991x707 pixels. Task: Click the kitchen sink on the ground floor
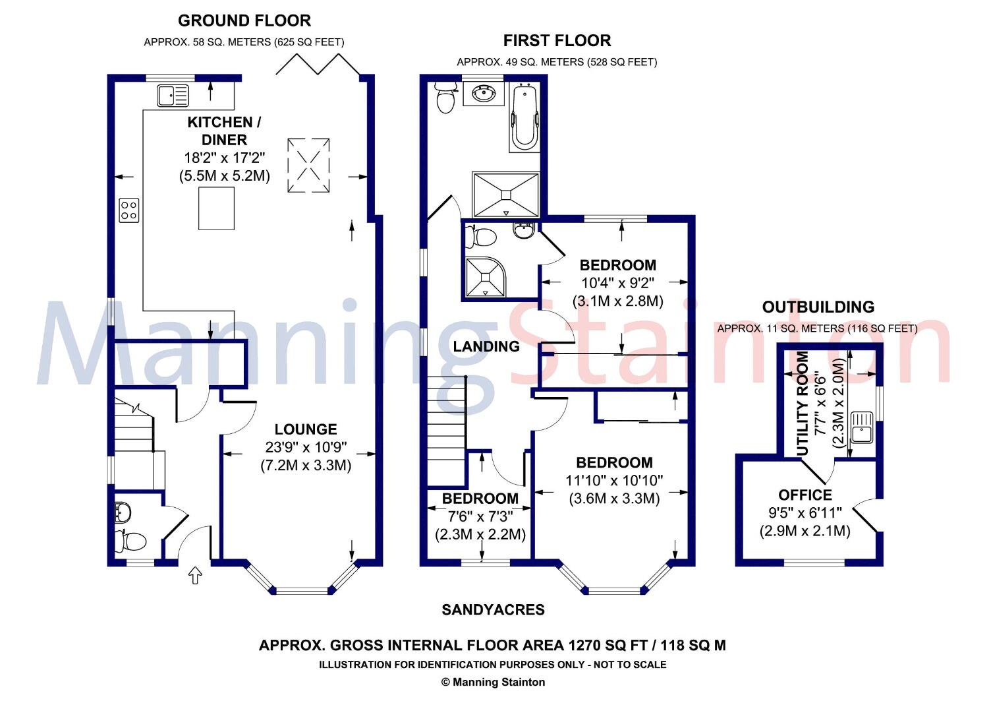(x=173, y=96)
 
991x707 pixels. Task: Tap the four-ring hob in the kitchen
(x=128, y=210)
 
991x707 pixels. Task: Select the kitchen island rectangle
(x=216, y=208)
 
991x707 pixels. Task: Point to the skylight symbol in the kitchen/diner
(x=308, y=165)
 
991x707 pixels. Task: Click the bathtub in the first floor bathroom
(x=524, y=117)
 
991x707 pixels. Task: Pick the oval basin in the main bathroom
(x=484, y=94)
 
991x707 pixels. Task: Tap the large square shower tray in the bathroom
(x=506, y=195)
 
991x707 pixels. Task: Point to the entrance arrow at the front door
(x=195, y=576)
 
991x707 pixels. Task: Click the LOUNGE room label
(x=306, y=429)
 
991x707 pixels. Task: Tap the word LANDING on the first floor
(x=486, y=347)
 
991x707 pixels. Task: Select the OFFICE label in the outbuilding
(x=805, y=495)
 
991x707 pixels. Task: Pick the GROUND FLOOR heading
(x=244, y=21)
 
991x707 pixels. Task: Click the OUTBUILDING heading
(x=818, y=307)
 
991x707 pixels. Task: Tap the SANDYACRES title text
(x=493, y=610)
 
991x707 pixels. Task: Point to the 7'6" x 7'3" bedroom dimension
(x=480, y=516)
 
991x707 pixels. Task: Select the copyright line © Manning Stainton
(x=494, y=682)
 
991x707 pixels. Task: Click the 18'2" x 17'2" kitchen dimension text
(x=224, y=158)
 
